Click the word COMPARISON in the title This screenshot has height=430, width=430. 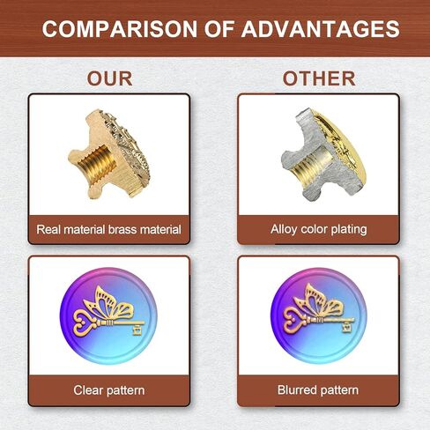[119, 29]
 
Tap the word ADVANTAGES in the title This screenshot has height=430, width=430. [321, 29]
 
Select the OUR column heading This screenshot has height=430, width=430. [109, 78]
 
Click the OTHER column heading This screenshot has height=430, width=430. [319, 78]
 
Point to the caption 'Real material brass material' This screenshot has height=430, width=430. [108, 229]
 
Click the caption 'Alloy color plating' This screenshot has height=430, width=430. [319, 229]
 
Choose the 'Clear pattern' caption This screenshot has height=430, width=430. [109, 390]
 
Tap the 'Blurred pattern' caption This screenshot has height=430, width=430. [318, 390]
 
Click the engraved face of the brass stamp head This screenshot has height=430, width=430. [126, 150]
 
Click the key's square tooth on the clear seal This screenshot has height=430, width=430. [137, 330]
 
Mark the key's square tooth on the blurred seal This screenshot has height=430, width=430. [347, 327]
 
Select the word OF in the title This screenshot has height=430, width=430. [219, 29]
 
